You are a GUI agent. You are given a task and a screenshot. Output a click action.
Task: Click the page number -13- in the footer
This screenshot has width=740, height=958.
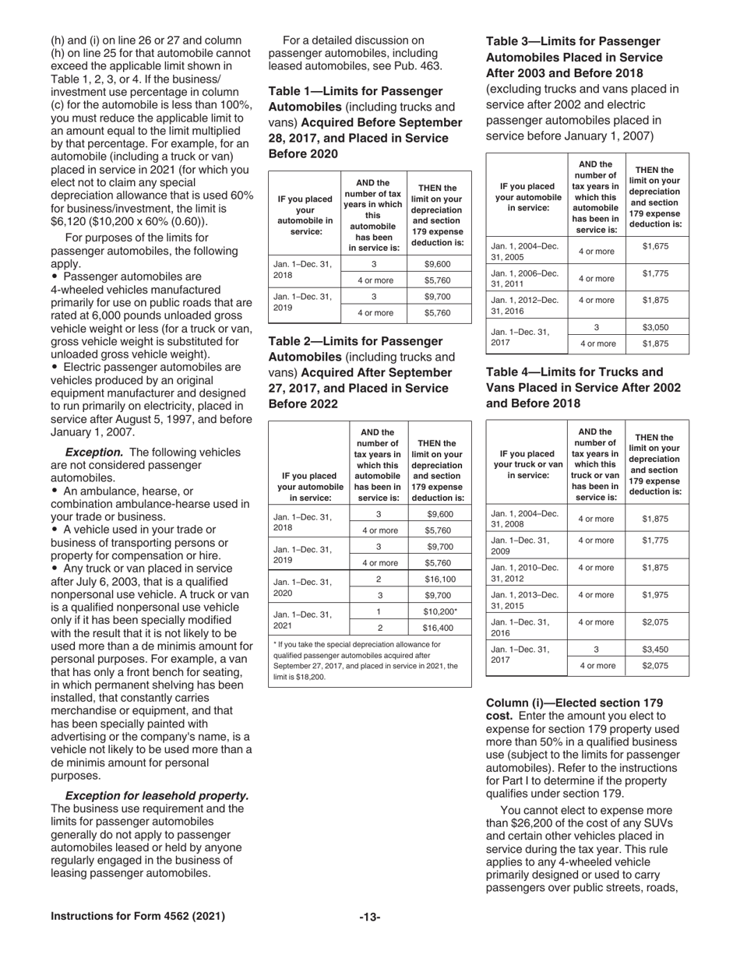click(x=369, y=917)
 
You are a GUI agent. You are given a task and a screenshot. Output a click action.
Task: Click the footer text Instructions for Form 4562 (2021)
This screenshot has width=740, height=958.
click(x=138, y=916)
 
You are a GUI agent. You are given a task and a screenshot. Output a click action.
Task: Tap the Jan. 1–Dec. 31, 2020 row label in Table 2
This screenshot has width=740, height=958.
click(x=305, y=586)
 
